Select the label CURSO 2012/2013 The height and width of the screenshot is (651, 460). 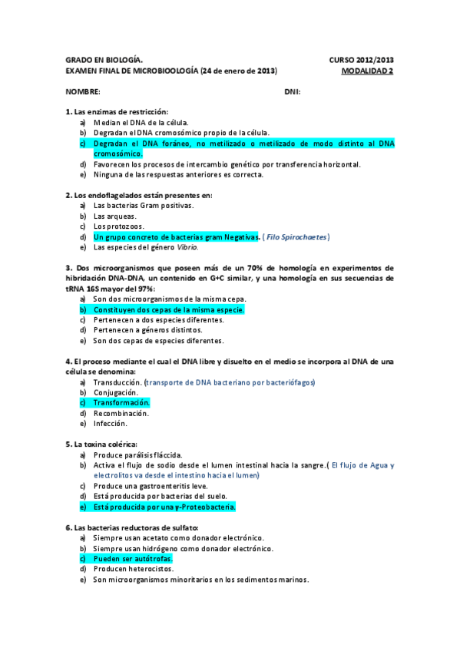[x=361, y=60]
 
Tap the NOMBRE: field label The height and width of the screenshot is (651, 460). [x=82, y=91]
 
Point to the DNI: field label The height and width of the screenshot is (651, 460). [x=292, y=91]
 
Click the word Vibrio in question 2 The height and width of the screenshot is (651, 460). [x=187, y=247]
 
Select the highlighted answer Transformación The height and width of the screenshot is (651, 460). [x=121, y=402]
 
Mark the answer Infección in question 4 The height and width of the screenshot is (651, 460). [x=111, y=423]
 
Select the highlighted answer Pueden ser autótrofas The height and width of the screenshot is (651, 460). [x=132, y=558]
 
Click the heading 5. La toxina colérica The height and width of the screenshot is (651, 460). [x=101, y=444]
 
